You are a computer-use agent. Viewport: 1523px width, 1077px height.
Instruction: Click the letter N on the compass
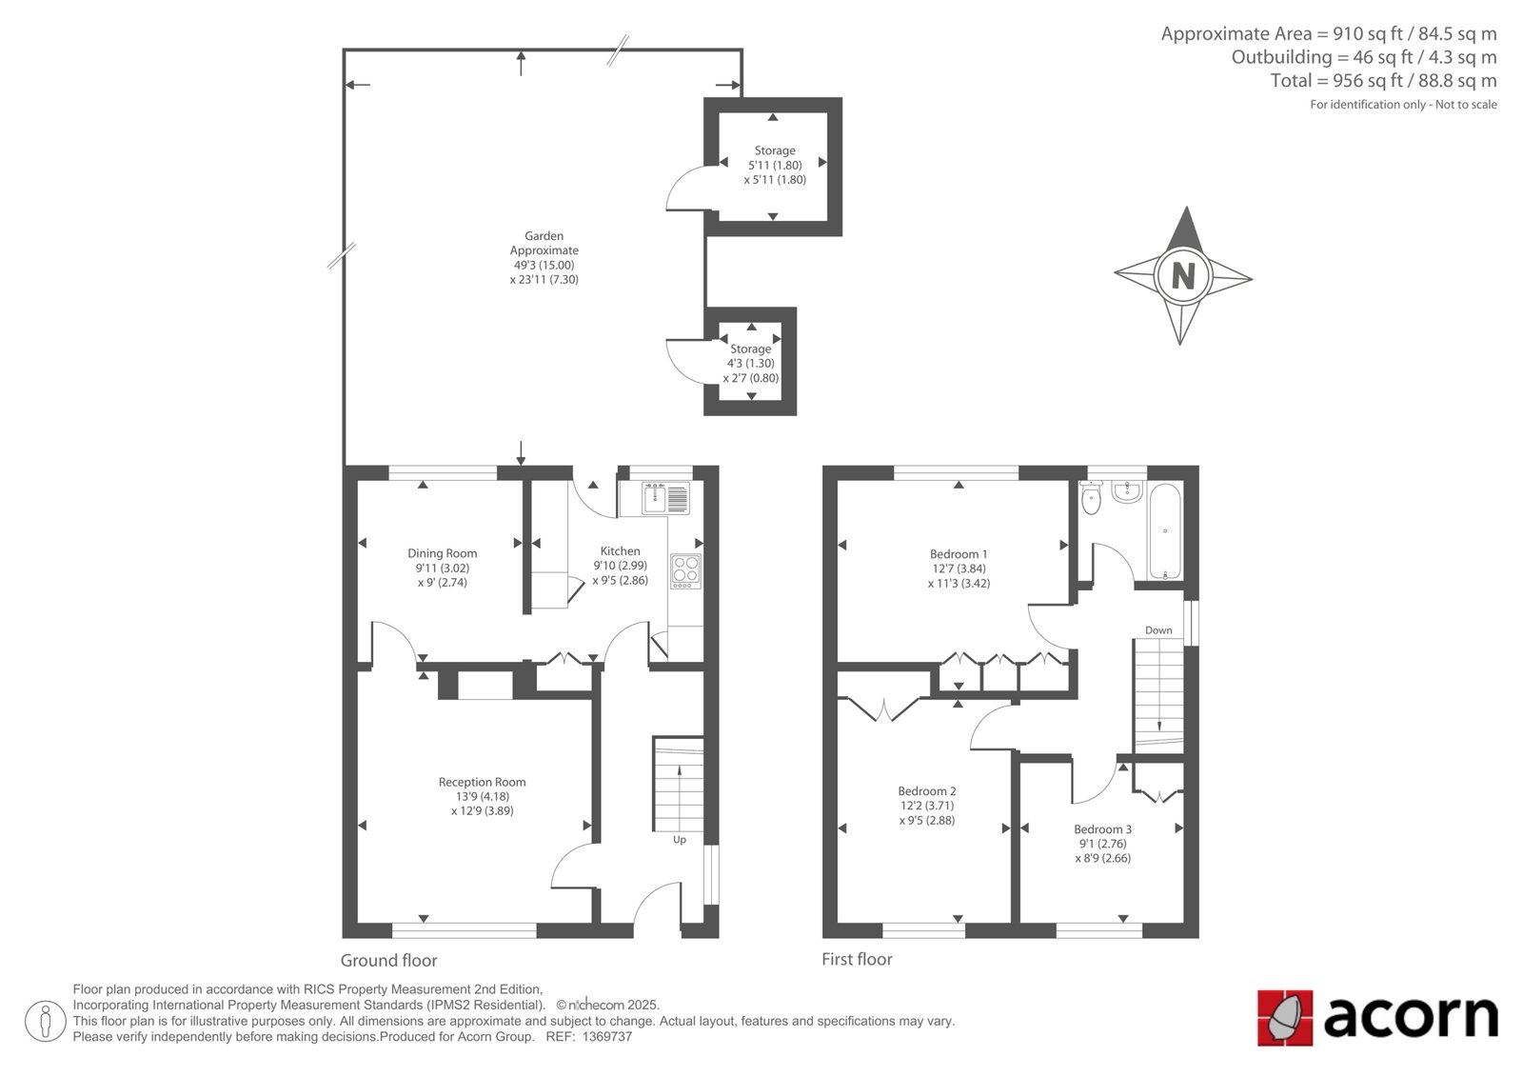[x=1183, y=276]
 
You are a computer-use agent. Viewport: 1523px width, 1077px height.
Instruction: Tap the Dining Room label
[x=442, y=554]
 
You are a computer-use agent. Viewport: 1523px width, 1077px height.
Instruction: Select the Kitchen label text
[x=620, y=551]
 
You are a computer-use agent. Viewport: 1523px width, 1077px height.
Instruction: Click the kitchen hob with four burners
[x=686, y=571]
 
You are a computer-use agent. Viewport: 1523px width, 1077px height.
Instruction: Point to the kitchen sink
[x=665, y=498]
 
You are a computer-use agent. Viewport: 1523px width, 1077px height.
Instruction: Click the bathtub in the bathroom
[x=1165, y=531]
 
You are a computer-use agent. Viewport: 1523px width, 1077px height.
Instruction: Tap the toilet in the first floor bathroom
[x=1091, y=498]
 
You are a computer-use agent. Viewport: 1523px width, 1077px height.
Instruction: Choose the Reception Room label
[x=482, y=783]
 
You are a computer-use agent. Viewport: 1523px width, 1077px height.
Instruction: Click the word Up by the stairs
[x=680, y=840]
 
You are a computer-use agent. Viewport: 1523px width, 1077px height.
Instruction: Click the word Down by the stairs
[x=1158, y=630]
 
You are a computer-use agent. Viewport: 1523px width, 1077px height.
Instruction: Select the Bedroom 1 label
[x=959, y=554]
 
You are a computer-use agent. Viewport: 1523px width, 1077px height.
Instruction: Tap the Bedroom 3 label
[x=1103, y=829]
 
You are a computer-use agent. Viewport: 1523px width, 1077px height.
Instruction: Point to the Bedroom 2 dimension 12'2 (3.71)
[x=927, y=806]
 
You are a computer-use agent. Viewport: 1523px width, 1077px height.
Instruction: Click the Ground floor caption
[x=389, y=960]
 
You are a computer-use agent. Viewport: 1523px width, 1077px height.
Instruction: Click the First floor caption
[x=857, y=959]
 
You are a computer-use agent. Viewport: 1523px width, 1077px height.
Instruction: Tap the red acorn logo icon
[x=1284, y=1018]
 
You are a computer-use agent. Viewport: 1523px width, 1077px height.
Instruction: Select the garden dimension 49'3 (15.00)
[x=544, y=266]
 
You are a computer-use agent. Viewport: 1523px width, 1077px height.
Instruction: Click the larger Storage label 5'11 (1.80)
[x=775, y=166]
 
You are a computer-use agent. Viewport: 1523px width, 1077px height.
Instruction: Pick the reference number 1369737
[x=607, y=1037]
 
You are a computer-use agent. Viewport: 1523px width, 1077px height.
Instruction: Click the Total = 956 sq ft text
[x=1336, y=81]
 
